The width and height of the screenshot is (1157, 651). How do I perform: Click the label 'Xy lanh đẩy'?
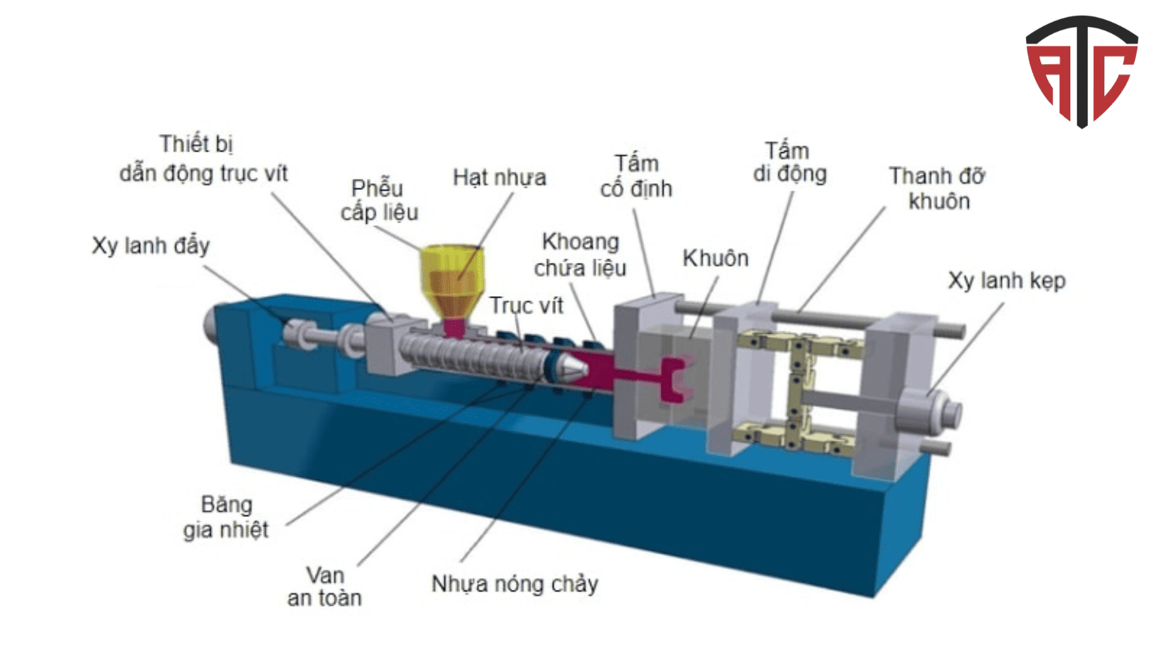[151, 246]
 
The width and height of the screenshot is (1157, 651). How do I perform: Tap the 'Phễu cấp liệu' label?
[378, 200]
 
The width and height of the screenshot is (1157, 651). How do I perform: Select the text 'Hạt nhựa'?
[499, 178]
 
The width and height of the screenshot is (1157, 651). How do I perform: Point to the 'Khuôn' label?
[715, 258]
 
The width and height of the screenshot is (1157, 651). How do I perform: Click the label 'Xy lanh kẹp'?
[1006, 281]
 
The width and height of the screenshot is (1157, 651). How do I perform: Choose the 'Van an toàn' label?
[325, 586]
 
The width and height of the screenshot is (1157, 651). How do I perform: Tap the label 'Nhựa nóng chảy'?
[514, 584]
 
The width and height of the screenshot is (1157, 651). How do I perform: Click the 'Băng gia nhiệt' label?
[226, 517]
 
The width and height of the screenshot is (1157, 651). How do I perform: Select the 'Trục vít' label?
[526, 305]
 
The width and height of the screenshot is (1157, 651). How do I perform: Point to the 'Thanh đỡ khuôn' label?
[937, 188]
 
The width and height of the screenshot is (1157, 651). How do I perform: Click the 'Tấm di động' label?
[789, 162]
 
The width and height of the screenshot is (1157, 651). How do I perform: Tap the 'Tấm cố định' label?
[636, 176]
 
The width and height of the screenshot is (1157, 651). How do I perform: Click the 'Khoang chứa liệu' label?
[580, 255]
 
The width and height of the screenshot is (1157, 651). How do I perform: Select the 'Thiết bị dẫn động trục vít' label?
[203, 158]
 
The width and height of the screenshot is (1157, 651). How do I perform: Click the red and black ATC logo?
[1081, 70]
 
